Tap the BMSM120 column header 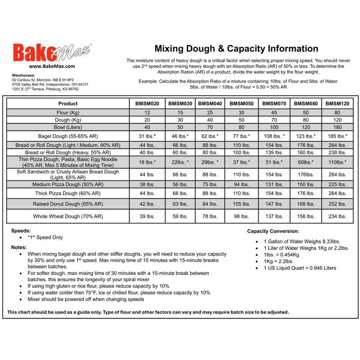click(x=337, y=103)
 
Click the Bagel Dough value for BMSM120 click(x=337, y=136)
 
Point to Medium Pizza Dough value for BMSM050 click(x=242, y=184)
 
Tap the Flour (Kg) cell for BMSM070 click(x=274, y=112)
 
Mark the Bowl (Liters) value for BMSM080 click(x=306, y=128)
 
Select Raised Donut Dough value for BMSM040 click(x=210, y=204)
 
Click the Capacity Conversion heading click(x=273, y=231)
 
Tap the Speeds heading click(x=22, y=230)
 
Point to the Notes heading click(x=19, y=247)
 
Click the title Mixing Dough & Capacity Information click(x=236, y=49)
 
